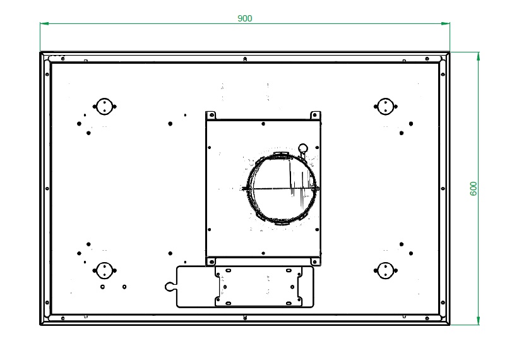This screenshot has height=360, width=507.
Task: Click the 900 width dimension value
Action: tap(245, 18)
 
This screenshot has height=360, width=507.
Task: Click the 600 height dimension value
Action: tap(473, 189)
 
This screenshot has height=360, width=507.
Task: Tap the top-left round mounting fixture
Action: tap(104, 106)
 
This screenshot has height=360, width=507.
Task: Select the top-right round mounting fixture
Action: tap(385, 106)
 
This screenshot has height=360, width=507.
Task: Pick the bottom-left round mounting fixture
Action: tap(104, 271)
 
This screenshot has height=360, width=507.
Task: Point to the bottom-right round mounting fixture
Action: tap(385, 271)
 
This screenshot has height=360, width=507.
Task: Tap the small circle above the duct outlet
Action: tap(303, 148)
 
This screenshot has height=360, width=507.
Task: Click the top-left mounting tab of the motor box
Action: tap(210, 115)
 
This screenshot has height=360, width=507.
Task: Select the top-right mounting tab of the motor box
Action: tap(315, 115)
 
